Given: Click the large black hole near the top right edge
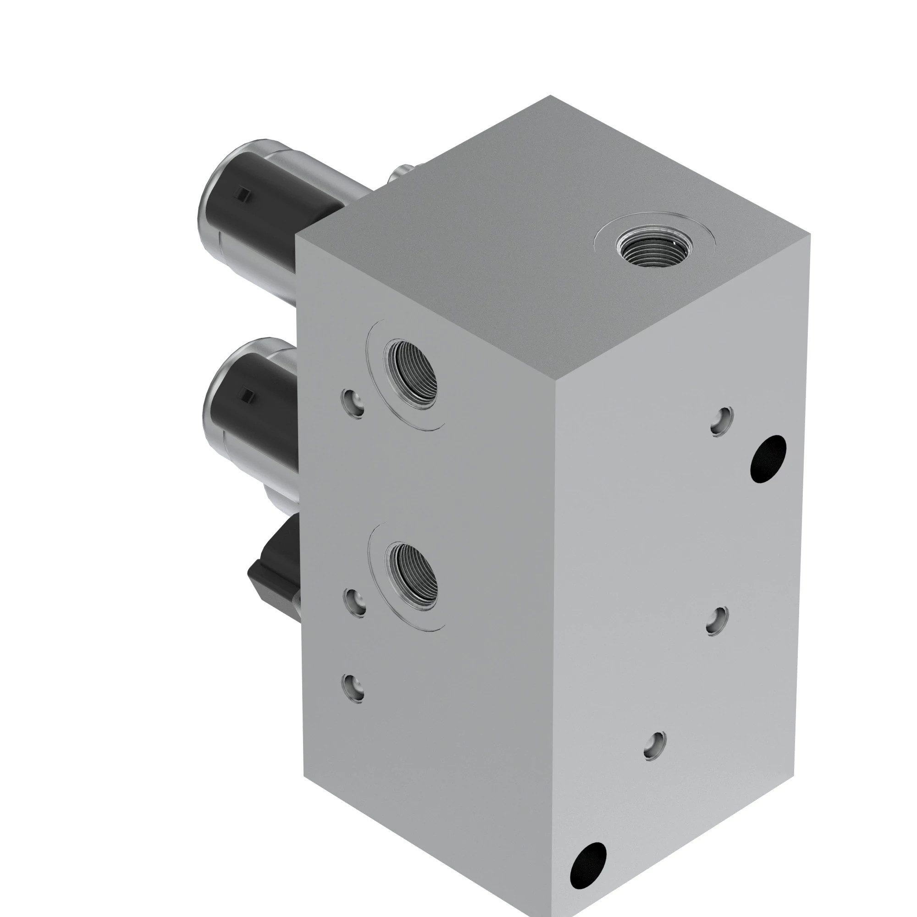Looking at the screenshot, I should (768, 458).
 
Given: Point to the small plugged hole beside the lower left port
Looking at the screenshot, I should (355, 602).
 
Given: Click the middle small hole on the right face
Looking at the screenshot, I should (717, 620).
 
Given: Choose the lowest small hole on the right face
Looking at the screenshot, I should (655, 746).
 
